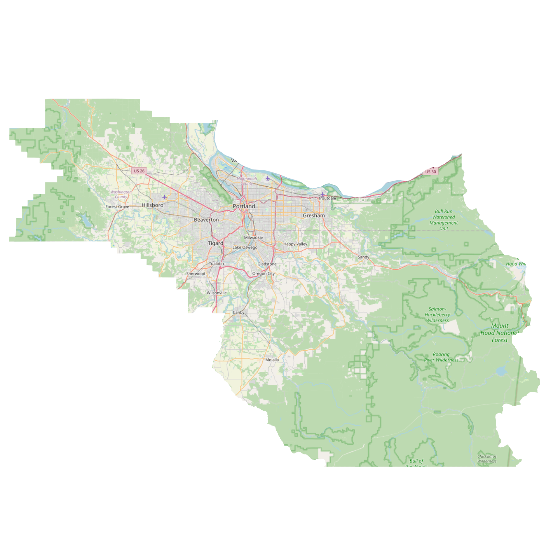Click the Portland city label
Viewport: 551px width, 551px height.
coord(244,206)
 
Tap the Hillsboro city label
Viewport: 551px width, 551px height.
coord(152,205)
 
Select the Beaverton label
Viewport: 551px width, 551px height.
coord(206,220)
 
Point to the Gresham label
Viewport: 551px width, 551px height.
coord(313,216)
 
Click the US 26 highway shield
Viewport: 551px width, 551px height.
coord(139,171)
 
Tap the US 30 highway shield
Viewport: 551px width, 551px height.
coord(430,172)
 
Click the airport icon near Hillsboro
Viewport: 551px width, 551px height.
coord(165,197)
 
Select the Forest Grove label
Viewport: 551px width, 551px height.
coord(117,207)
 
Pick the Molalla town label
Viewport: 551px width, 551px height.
coord(272,360)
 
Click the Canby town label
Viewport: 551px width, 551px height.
coord(239,312)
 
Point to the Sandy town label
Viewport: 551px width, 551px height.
coord(363,257)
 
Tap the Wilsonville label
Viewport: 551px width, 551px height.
coord(217,293)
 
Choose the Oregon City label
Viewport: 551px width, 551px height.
coord(263,274)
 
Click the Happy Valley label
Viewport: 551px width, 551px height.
coord(295,244)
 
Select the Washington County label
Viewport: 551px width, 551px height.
coord(121,194)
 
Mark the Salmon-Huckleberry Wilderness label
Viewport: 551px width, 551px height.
coord(437,315)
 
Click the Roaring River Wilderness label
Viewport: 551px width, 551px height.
coord(441,357)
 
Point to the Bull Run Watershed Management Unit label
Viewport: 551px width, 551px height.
coord(443,220)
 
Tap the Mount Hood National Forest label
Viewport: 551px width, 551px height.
coord(499,333)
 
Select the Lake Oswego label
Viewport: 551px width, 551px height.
coord(245,247)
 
